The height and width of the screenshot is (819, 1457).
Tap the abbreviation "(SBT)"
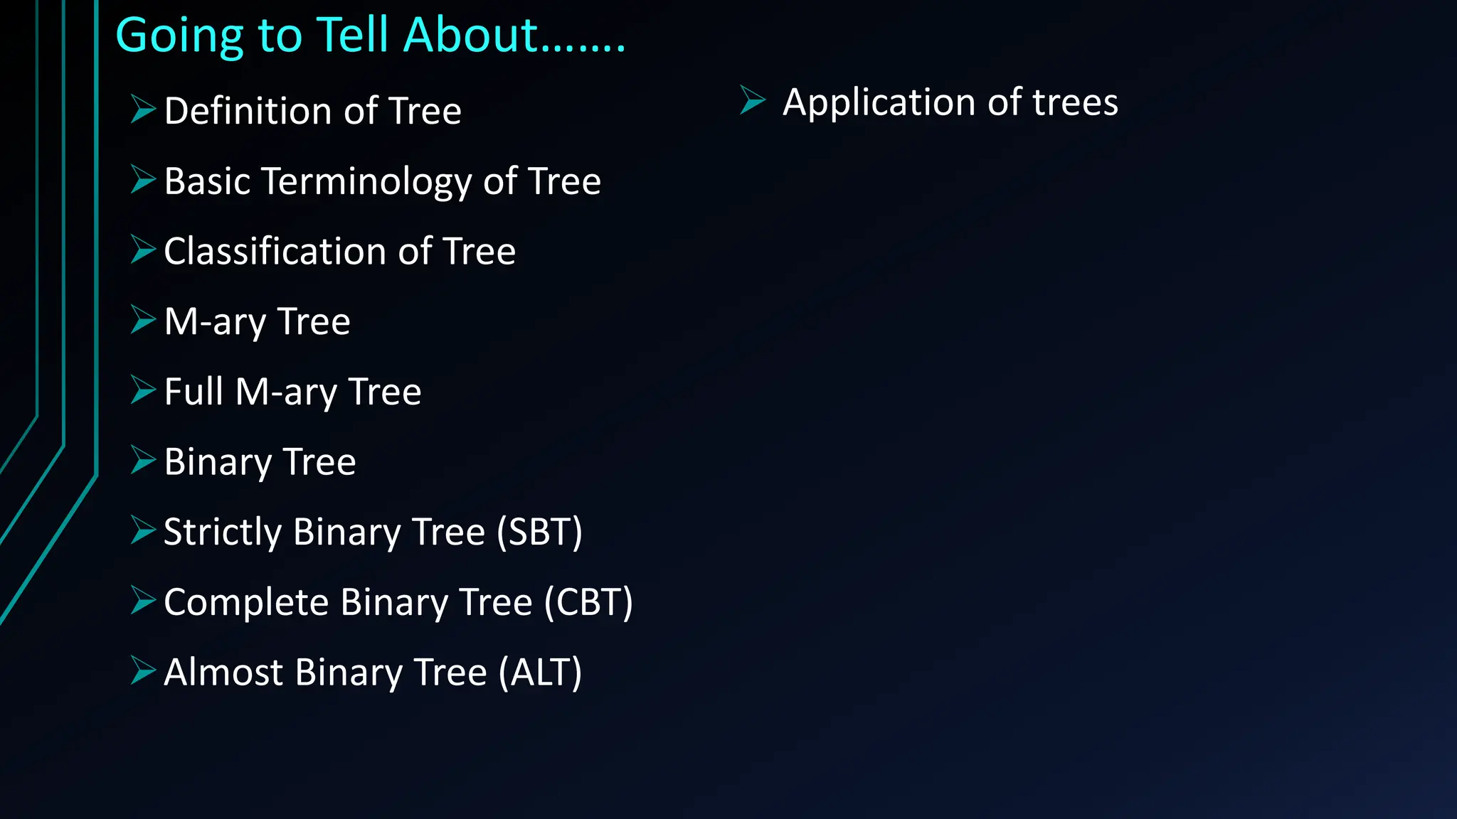click(539, 532)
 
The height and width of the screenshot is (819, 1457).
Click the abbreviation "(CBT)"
click(588, 602)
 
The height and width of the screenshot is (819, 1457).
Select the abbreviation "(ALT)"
click(540, 673)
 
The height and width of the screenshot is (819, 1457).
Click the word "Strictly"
click(223, 532)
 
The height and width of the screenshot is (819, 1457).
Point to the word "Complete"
click(246, 603)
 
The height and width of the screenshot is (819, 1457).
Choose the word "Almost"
click(223, 673)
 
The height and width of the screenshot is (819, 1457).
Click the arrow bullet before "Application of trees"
click(752, 100)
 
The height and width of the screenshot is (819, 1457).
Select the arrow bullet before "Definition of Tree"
click(142, 109)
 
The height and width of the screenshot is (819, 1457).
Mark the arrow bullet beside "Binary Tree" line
click(142, 460)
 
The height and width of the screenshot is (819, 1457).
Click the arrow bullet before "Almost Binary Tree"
click(142, 670)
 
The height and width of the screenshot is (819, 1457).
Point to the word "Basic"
click(207, 181)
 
